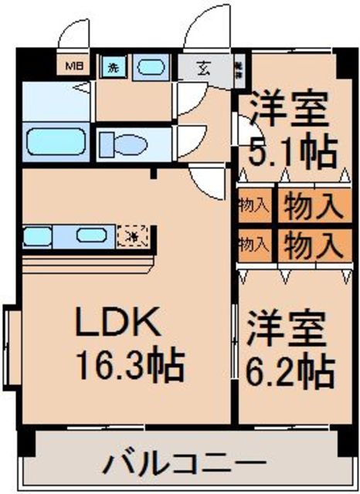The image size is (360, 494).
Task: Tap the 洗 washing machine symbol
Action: pyautogui.click(x=112, y=67)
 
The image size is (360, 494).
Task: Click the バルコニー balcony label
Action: pyautogui.click(x=179, y=465)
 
